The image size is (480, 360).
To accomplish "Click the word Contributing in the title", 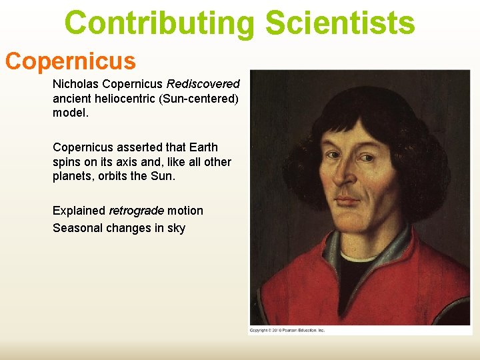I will [159, 23].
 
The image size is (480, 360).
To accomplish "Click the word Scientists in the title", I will [340, 23].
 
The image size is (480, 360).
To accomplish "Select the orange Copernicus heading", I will [70, 61].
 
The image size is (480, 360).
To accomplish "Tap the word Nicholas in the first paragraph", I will [75, 85].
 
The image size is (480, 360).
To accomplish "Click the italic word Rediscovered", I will [203, 85].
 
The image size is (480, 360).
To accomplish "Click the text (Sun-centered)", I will [200, 99].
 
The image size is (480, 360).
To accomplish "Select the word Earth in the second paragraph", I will [203, 147].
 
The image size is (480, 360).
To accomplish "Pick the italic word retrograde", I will [136, 211].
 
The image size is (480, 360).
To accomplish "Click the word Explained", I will [79, 211].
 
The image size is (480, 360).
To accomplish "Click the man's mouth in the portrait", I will [347, 200].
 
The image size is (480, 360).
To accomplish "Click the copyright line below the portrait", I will [287, 330].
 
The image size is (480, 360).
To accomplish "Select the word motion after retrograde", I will [185, 211].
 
